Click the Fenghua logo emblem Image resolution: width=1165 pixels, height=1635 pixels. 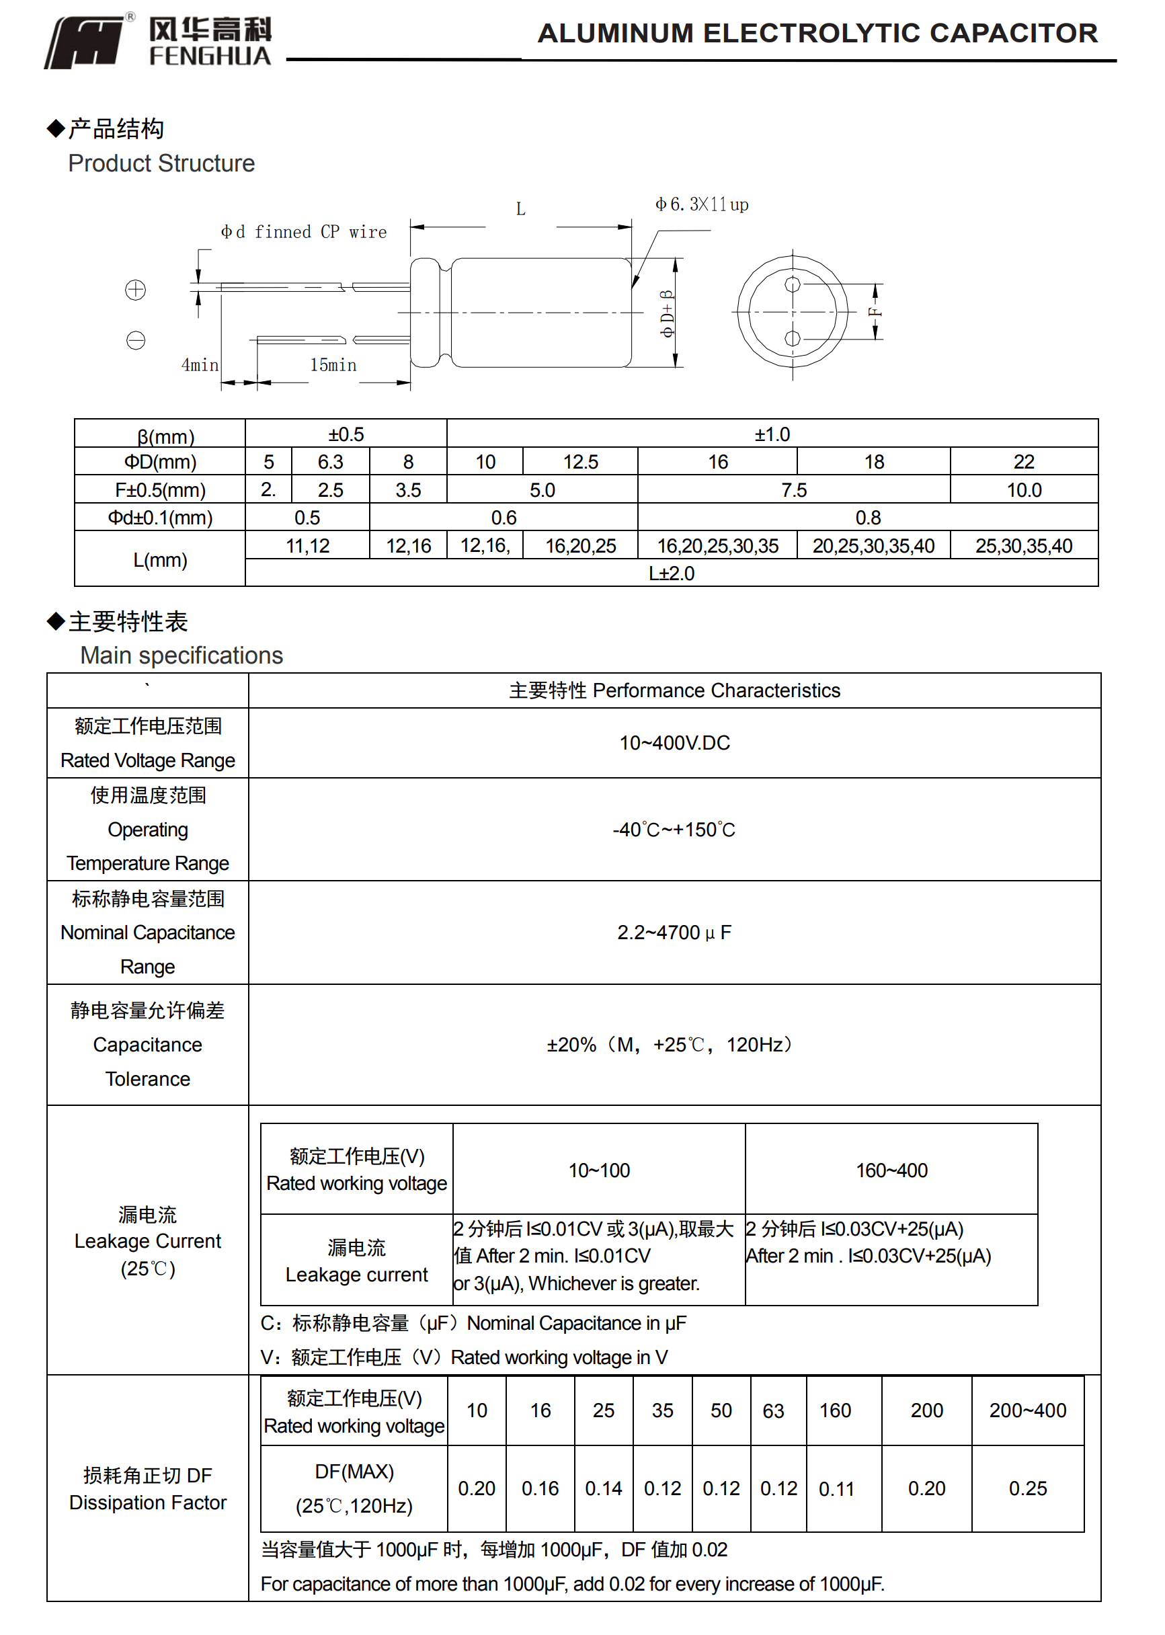tap(86, 43)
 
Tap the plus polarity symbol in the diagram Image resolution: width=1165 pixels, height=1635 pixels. tap(136, 290)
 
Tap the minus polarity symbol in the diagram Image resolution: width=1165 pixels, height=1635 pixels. tap(136, 340)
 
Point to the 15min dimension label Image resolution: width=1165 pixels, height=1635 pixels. tap(333, 365)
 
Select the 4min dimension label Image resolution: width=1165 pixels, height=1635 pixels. tap(200, 365)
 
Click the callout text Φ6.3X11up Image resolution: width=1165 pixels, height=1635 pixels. tap(702, 204)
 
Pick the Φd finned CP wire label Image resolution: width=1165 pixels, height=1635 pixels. tap(303, 232)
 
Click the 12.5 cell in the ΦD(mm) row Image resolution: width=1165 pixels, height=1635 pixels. tap(580, 462)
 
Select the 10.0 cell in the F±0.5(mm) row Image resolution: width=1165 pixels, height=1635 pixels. tap(1024, 490)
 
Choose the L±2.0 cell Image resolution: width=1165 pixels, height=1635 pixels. tap(672, 573)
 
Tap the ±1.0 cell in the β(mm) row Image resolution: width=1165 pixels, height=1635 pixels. tap(772, 434)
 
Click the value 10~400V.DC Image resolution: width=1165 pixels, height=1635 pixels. tap(674, 742)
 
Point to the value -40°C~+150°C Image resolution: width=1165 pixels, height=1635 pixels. tap(674, 830)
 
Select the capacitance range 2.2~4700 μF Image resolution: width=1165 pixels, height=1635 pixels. tap(674, 932)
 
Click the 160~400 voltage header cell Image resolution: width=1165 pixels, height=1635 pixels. tap(891, 1170)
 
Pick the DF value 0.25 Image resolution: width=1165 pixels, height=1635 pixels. tap(1027, 1488)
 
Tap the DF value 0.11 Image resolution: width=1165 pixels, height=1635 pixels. tap(836, 1488)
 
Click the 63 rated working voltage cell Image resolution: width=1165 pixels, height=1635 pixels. tap(772, 1410)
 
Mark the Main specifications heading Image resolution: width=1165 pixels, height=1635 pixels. tap(182, 655)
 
